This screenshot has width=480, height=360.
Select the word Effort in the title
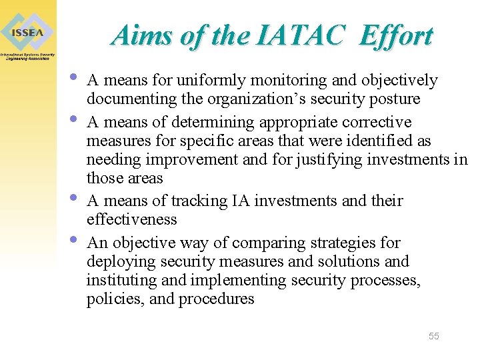point(395,35)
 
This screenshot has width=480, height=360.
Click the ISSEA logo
point(27,32)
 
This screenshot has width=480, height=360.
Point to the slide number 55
point(433,336)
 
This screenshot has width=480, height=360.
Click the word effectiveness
point(132,219)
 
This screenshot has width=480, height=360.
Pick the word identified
point(379,141)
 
